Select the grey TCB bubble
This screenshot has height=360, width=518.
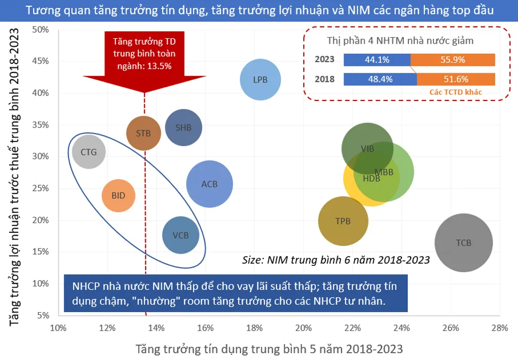[464, 243]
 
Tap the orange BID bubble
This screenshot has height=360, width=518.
[119, 196]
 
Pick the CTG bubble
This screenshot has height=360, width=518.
[89, 152]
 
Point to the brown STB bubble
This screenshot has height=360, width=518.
[144, 133]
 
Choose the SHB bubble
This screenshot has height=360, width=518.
[183, 128]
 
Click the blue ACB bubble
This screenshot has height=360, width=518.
[210, 184]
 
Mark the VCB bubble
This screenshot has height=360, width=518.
[181, 235]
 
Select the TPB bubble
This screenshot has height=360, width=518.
[343, 221]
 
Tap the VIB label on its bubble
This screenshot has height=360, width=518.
[367, 149]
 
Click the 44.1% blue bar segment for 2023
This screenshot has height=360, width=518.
[377, 60]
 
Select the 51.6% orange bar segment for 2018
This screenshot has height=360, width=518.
[456, 79]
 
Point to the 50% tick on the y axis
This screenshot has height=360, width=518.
[41, 29]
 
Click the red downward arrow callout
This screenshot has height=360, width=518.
[144, 58]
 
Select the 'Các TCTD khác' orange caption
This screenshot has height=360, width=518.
[456, 91]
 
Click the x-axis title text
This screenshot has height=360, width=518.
[269, 349]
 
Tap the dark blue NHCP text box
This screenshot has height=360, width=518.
[236, 294]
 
